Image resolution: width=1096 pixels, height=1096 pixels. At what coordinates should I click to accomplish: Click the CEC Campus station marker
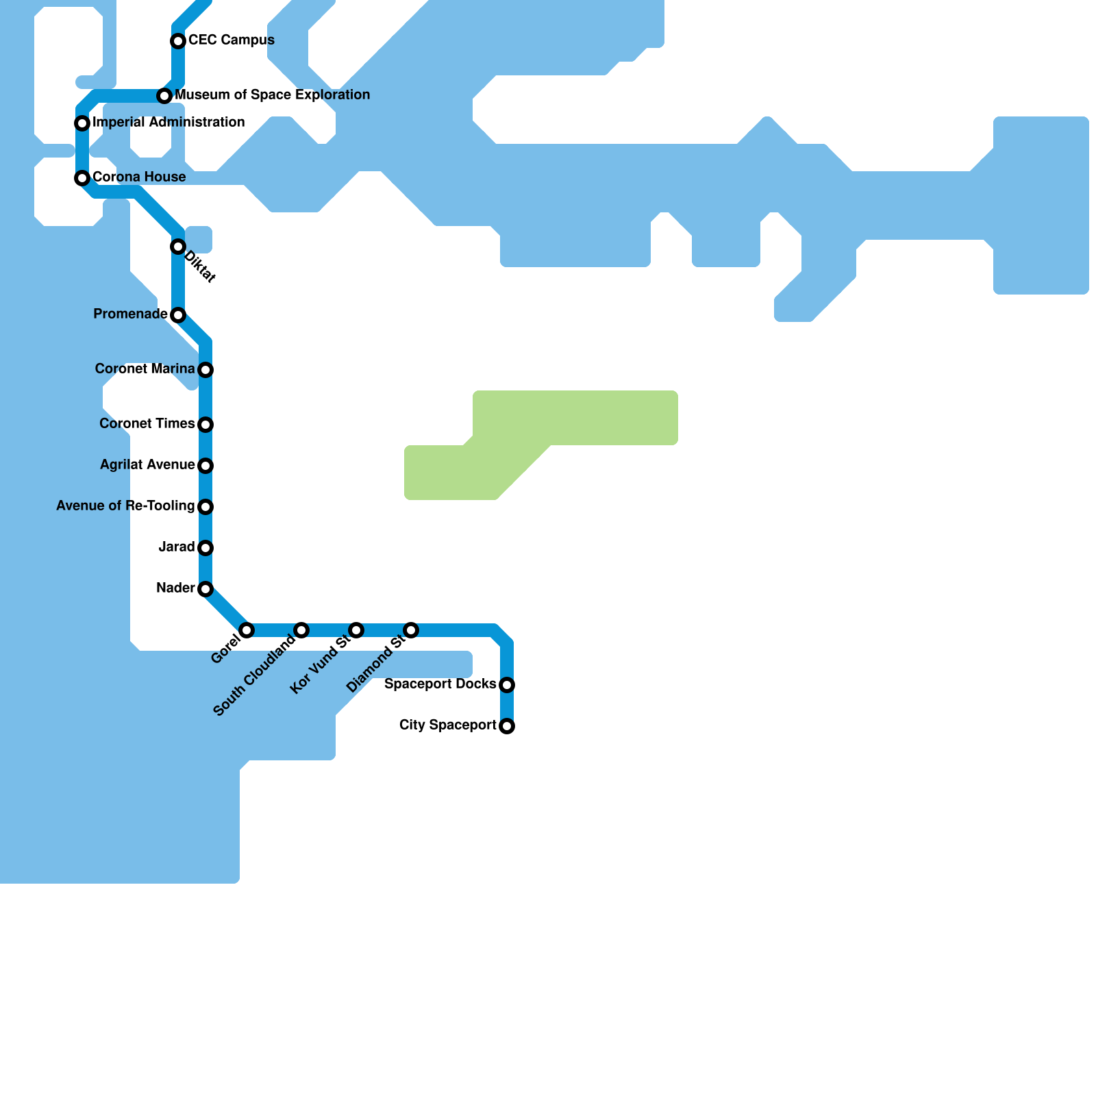click(178, 41)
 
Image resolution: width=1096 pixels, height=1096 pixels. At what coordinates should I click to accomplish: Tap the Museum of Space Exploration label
click(272, 95)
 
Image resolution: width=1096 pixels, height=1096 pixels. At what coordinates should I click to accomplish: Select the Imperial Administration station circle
click(82, 123)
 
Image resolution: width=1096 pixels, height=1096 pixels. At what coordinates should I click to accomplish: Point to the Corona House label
click(139, 177)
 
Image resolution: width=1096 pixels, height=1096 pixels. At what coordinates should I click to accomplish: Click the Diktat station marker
click(178, 247)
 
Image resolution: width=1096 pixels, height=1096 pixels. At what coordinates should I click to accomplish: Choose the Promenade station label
click(130, 314)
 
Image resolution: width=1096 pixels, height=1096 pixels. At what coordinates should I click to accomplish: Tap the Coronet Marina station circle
click(206, 370)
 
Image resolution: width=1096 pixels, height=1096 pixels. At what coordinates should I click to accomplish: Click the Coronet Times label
click(147, 423)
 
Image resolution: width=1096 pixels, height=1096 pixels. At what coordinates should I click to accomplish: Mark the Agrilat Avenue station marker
click(206, 466)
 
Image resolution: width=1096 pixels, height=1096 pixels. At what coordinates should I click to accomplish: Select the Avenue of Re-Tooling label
click(125, 506)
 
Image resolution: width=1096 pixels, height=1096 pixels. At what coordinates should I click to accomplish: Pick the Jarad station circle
click(206, 548)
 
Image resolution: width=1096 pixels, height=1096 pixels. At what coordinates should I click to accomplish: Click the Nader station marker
click(206, 589)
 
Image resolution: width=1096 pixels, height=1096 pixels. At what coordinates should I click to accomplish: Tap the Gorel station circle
click(247, 630)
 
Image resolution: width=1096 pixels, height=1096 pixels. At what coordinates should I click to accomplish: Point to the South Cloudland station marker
click(301, 630)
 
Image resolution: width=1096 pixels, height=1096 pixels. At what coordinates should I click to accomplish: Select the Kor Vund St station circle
click(356, 630)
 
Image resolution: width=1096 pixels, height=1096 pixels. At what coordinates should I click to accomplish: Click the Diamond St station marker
click(411, 630)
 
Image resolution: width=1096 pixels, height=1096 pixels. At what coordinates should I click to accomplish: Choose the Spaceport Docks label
click(440, 684)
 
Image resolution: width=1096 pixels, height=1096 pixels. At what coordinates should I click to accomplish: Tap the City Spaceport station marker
click(507, 726)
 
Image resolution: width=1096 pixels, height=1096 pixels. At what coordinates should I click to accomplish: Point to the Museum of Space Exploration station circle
click(164, 96)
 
